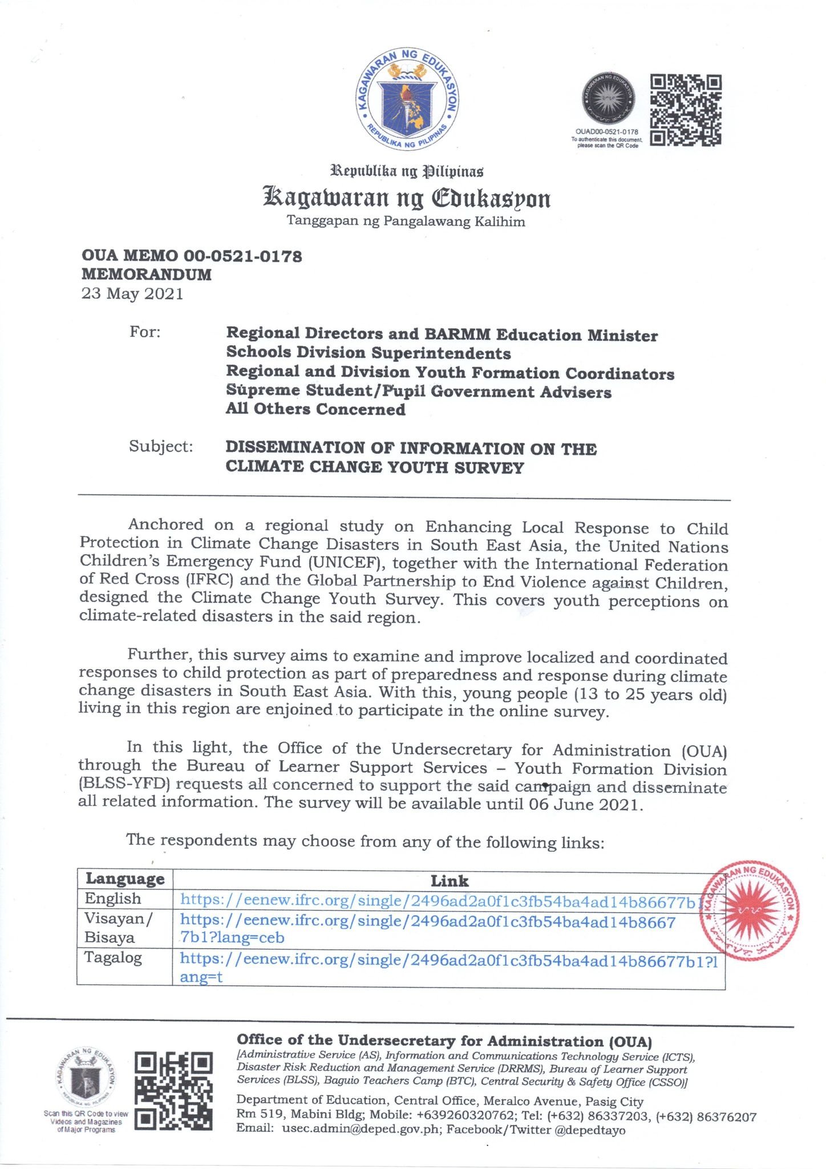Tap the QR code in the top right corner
tap(686, 110)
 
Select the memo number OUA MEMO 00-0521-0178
tap(192, 256)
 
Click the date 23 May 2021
tap(132, 294)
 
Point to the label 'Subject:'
tap(161, 446)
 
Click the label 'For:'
tap(145, 332)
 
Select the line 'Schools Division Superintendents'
tap(368, 353)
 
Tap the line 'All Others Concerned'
tap(315, 409)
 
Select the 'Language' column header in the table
tap(125, 878)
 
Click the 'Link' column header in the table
tap(449, 880)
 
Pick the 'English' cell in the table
tap(112, 898)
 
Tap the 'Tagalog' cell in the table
tap(113, 957)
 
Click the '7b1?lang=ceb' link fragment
tap(232, 937)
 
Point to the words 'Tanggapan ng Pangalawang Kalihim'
tap(406, 221)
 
